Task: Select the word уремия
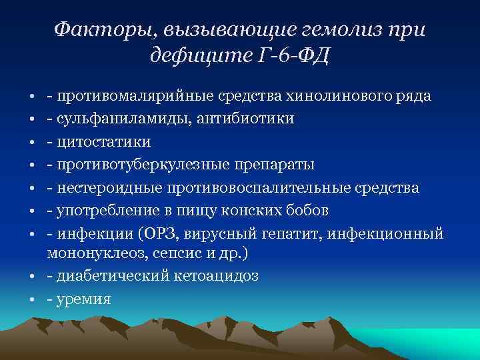click(84, 299)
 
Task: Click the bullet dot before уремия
click(32, 300)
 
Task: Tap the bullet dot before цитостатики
click(32, 143)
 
